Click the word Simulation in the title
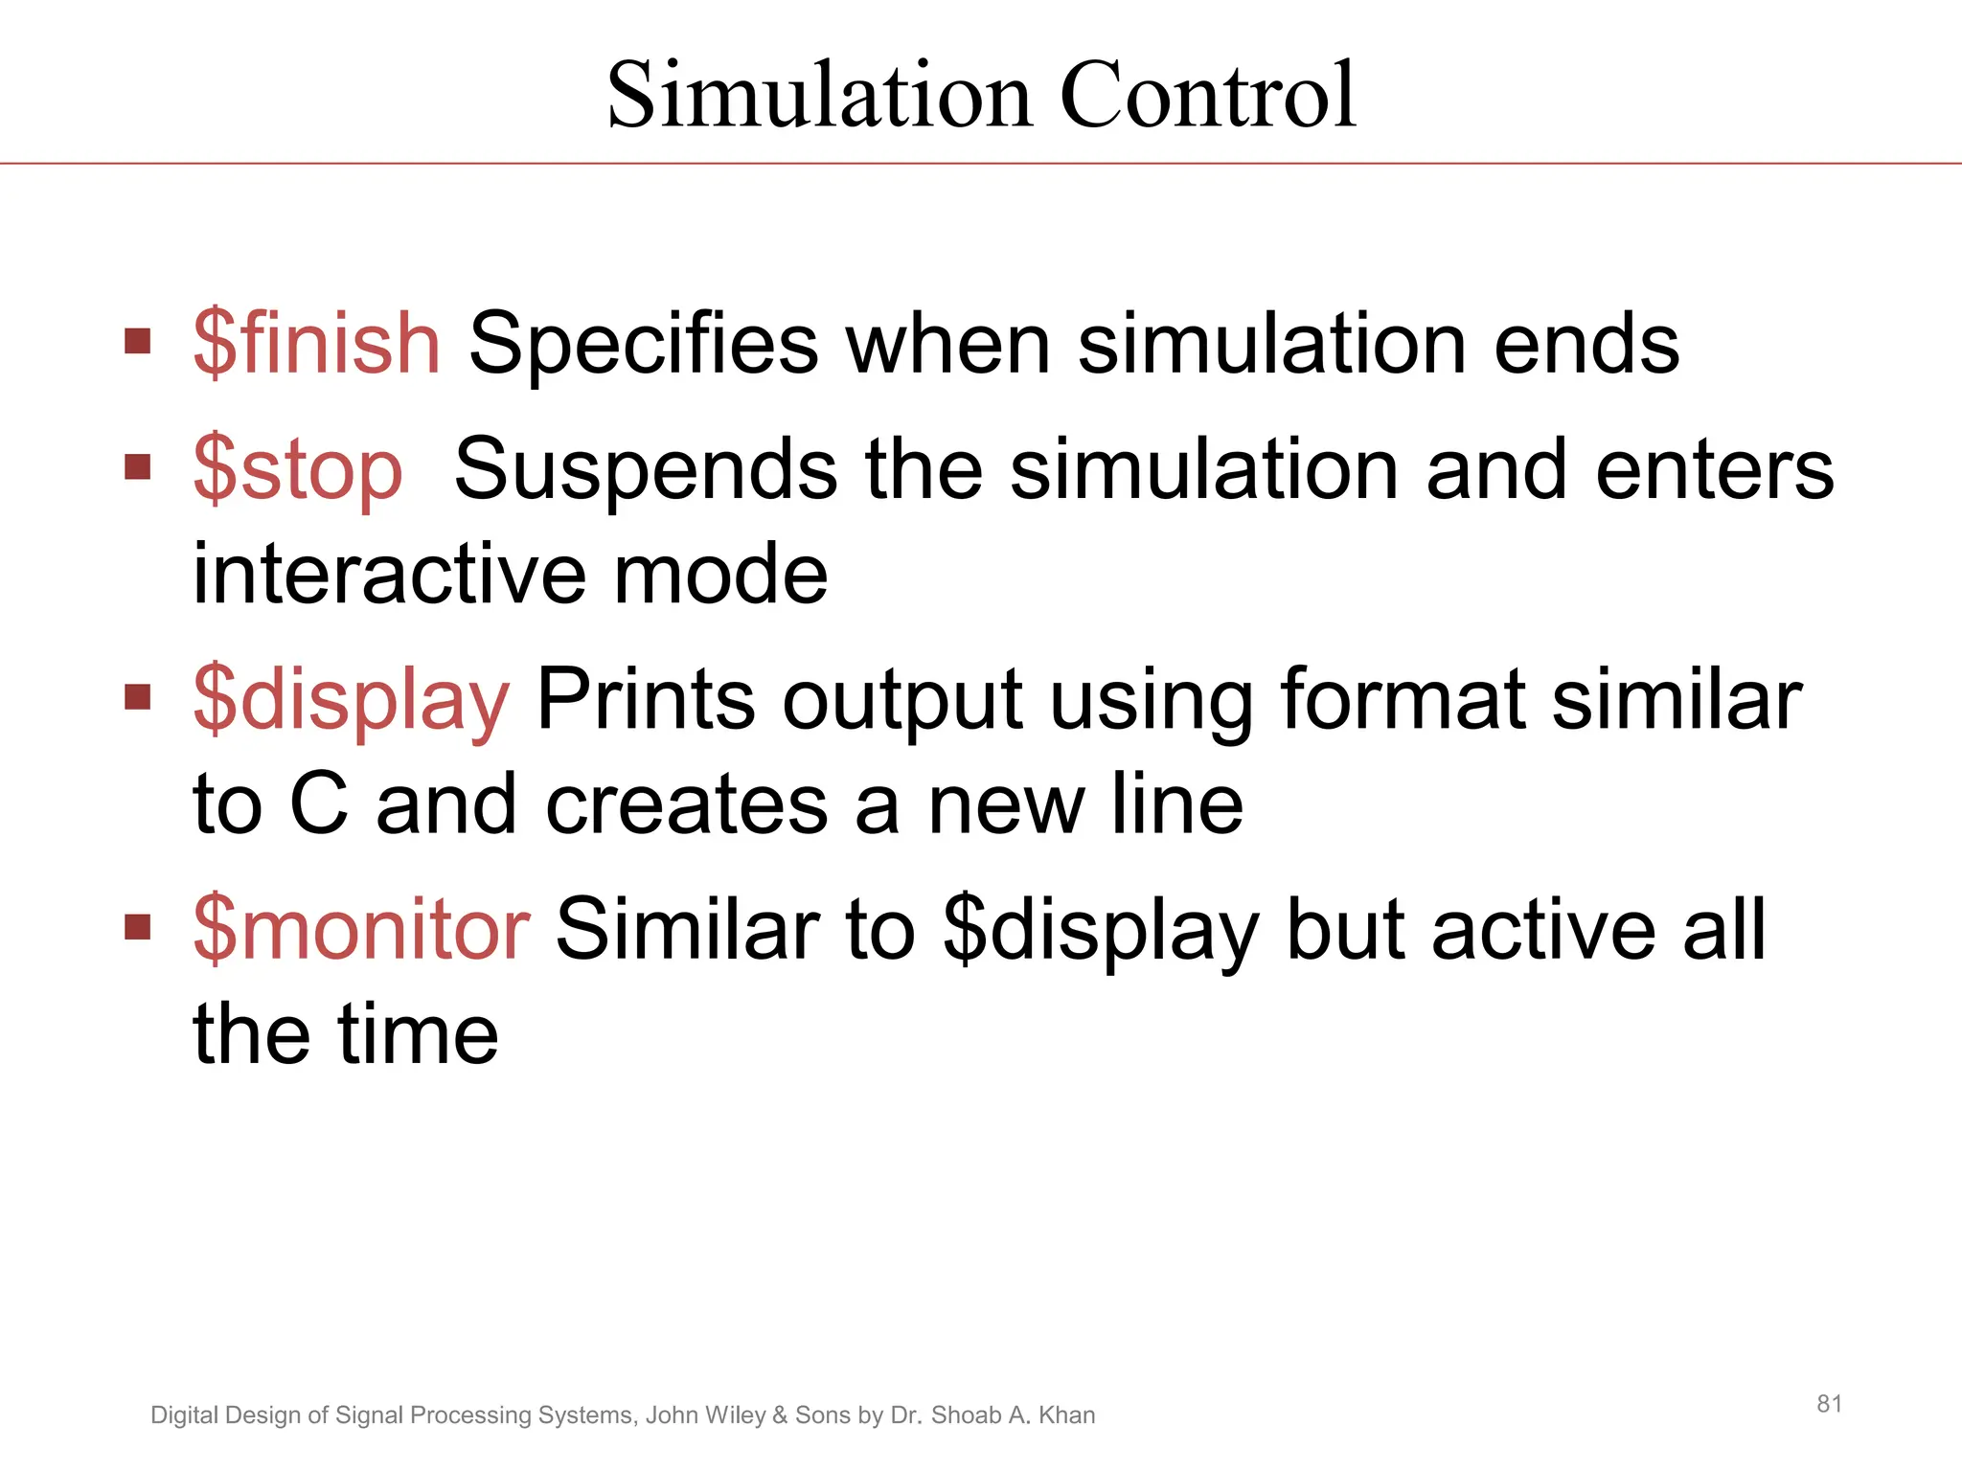pos(820,95)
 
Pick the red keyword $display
pos(352,700)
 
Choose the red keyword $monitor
pos(361,928)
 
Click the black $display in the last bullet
pos(1101,930)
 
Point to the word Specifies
pos(644,345)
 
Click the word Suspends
pos(647,470)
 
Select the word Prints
pos(646,700)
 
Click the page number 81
pos(1829,1404)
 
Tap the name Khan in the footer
pos(1066,1415)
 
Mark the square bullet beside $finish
pos(138,341)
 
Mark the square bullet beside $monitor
pos(138,926)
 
